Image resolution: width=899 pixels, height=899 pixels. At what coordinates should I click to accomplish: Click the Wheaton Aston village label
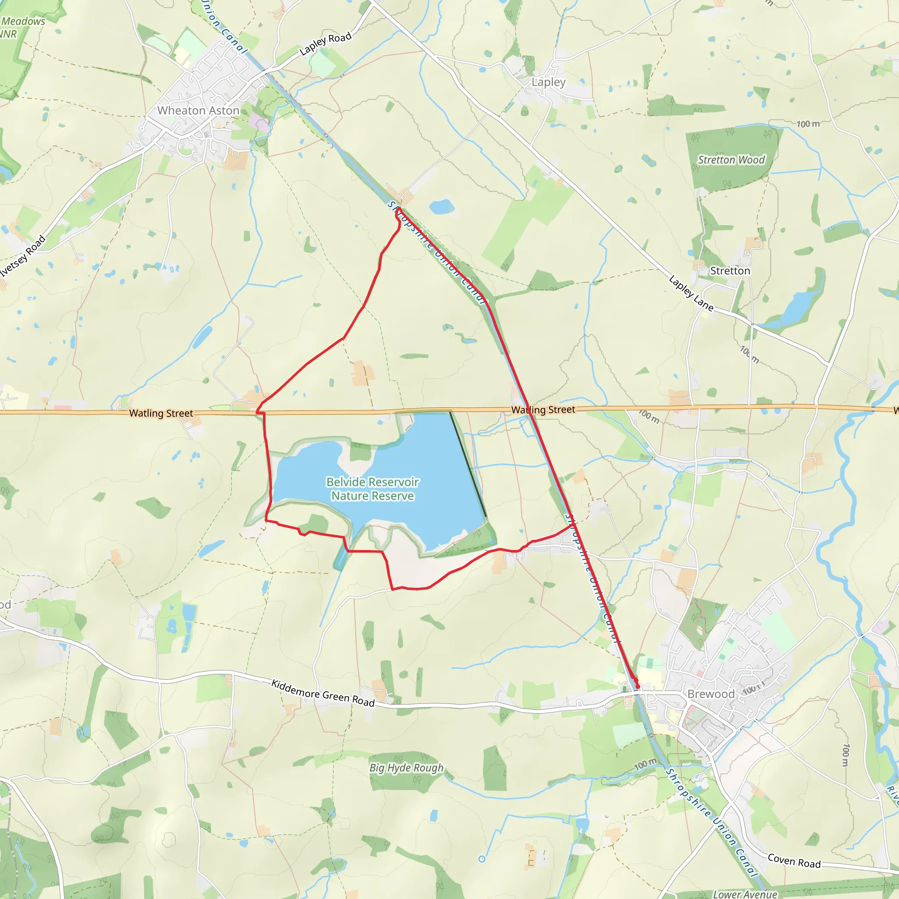[198, 111]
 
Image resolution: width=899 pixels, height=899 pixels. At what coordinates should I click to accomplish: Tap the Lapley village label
[549, 83]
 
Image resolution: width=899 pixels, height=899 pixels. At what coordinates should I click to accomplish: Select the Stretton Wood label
[731, 160]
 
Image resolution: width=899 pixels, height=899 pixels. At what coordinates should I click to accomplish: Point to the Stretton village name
[730, 271]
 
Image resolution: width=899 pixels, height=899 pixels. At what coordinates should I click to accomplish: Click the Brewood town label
[711, 694]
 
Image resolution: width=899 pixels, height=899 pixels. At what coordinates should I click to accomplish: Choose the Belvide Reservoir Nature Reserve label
[372, 489]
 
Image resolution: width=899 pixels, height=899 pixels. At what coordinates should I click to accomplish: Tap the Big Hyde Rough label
[406, 768]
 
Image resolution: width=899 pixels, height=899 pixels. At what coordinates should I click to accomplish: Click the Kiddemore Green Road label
[323, 693]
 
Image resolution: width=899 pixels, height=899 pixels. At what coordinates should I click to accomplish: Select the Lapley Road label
[325, 44]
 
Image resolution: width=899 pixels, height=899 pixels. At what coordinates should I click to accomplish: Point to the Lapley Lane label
[691, 293]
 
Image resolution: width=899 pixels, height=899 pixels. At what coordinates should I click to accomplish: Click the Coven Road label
[794, 861]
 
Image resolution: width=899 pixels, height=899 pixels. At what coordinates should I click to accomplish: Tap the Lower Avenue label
[745, 894]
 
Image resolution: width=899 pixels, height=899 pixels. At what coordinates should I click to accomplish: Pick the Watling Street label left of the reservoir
[161, 413]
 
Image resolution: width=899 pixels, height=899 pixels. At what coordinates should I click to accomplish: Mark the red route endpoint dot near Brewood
[637, 687]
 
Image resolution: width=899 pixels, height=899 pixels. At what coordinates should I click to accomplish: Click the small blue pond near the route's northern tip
[442, 207]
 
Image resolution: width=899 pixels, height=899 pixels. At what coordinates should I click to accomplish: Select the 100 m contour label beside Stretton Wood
[808, 124]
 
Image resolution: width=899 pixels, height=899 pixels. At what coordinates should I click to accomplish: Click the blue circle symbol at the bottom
[482, 859]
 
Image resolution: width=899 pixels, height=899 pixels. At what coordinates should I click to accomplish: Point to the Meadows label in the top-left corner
[23, 22]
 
